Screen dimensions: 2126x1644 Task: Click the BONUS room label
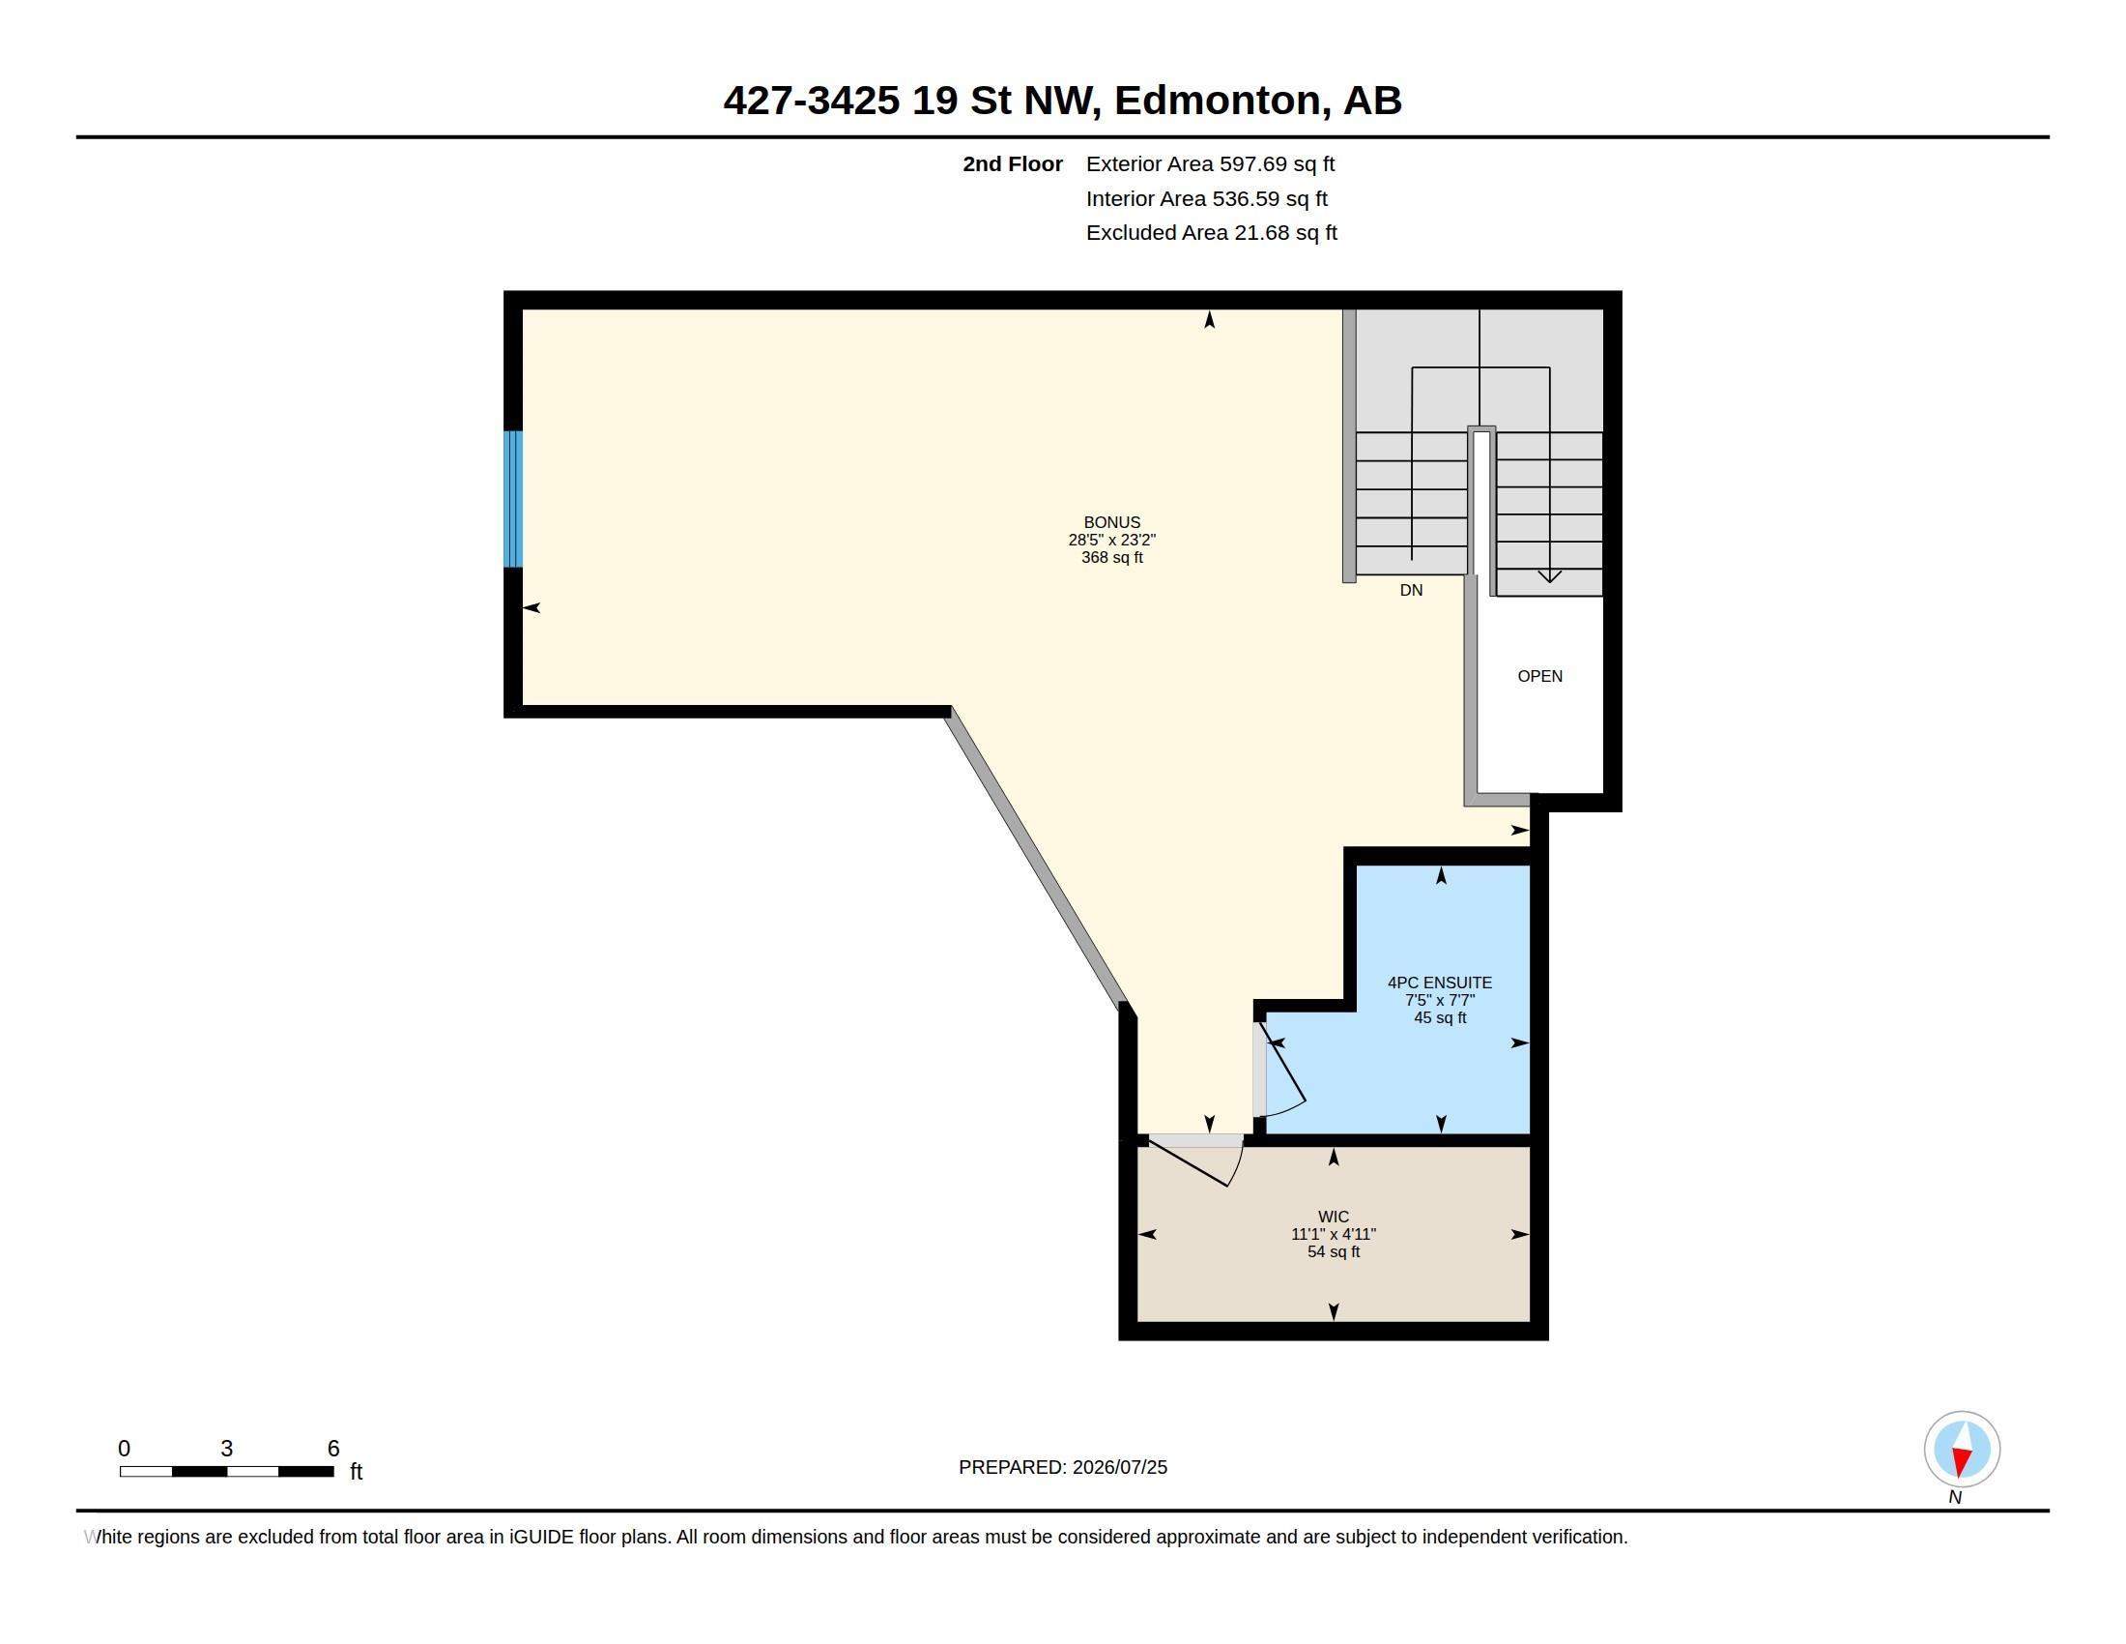tap(1111, 522)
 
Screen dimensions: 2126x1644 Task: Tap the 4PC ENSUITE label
tap(1440, 983)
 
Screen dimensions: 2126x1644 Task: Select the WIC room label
tap(1334, 1217)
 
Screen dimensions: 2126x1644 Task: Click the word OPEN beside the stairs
tap(1540, 676)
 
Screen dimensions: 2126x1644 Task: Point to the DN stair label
tap(1412, 590)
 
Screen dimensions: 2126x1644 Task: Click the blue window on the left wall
tap(513, 499)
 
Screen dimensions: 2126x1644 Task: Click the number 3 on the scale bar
tap(227, 1449)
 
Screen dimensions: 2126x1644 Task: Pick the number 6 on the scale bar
tap(333, 1449)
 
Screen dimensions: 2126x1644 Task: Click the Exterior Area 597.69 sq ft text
tap(1210, 164)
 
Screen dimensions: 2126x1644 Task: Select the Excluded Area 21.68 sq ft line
tap(1212, 233)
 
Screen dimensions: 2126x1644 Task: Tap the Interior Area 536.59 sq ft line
tap(1207, 198)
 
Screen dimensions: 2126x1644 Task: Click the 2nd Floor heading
tap(1013, 164)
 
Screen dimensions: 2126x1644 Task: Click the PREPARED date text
tap(1063, 1467)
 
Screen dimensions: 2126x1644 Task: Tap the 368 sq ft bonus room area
tap(1111, 558)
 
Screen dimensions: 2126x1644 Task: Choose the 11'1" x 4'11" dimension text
tap(1334, 1234)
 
